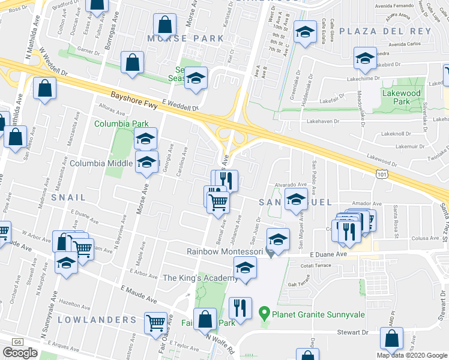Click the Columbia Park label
click(x=121, y=124)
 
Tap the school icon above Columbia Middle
click(x=145, y=139)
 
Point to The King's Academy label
click(x=200, y=278)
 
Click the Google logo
click(x=20, y=353)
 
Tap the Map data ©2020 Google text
click(x=412, y=355)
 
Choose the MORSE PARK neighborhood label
click(x=185, y=38)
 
